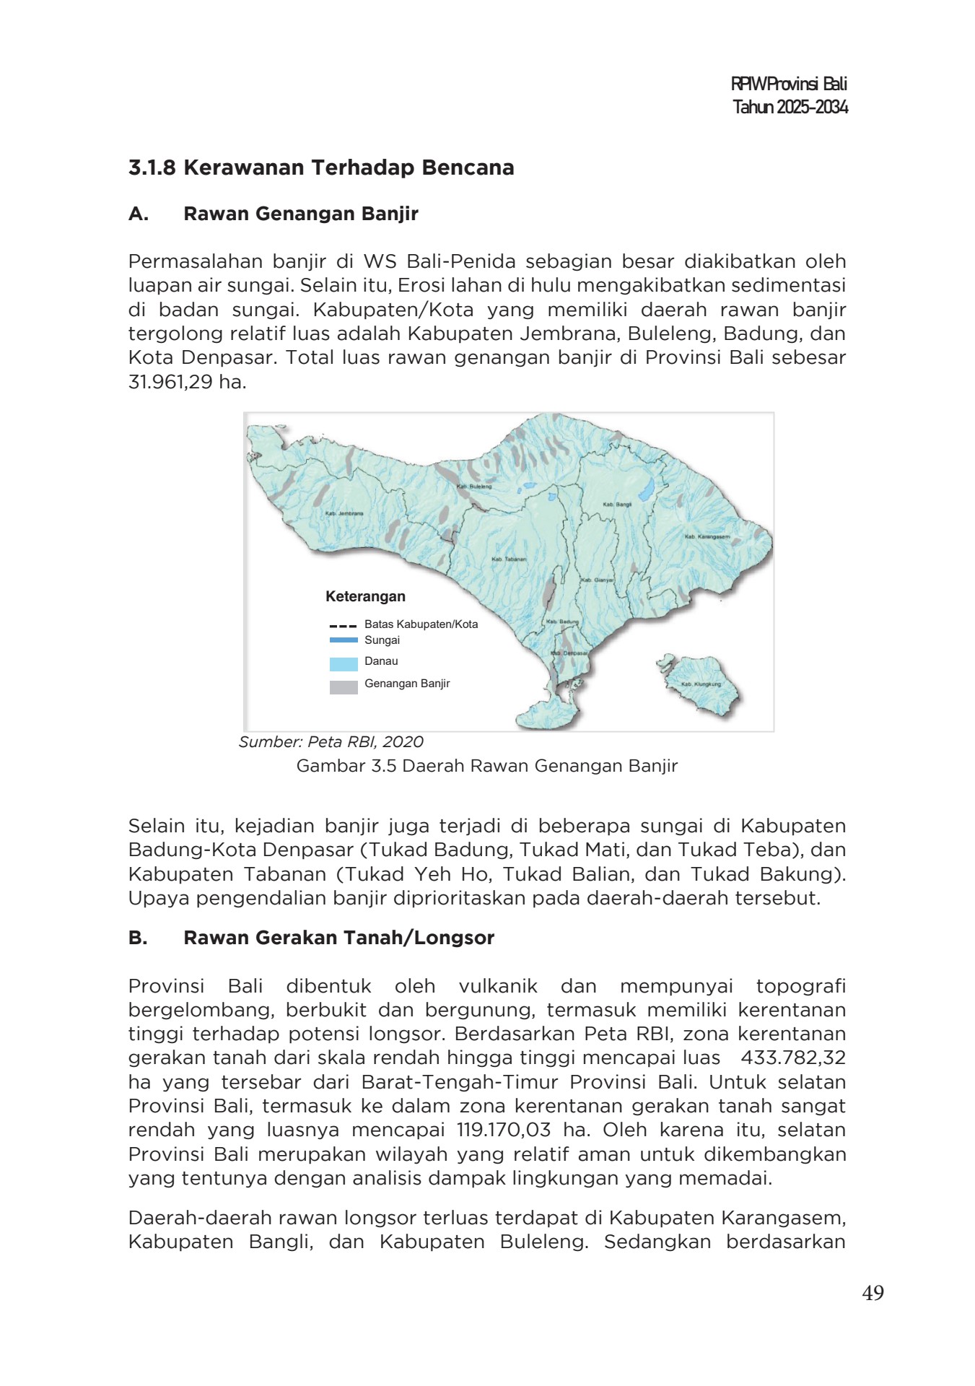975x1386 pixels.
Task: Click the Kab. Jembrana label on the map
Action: click(x=344, y=513)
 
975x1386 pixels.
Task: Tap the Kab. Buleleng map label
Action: click(x=474, y=487)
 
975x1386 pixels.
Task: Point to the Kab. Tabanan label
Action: click(x=509, y=559)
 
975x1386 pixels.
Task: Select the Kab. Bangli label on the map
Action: click(x=617, y=505)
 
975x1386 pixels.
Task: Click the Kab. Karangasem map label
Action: click(x=707, y=537)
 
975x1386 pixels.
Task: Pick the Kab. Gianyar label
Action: click(x=598, y=580)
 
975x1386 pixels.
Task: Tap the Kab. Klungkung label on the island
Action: click(x=701, y=684)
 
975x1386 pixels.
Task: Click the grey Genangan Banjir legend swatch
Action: click(x=344, y=687)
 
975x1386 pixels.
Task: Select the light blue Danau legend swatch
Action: click(x=344, y=664)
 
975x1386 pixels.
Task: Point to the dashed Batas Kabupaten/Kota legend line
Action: click(x=344, y=626)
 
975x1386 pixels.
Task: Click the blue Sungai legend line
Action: click(x=344, y=640)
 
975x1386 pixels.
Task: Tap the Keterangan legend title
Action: click(x=365, y=597)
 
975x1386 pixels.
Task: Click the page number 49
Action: click(x=873, y=1293)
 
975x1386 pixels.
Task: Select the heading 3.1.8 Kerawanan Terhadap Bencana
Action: click(x=321, y=168)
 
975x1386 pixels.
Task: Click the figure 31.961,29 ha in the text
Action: click(x=187, y=382)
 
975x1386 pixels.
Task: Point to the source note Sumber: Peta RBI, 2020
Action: click(x=331, y=742)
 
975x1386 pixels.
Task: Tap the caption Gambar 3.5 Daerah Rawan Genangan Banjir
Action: click(x=487, y=766)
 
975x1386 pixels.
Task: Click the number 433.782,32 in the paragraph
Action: click(x=793, y=1058)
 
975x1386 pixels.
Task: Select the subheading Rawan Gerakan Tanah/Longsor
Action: click(x=338, y=938)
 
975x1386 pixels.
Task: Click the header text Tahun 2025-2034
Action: click(x=790, y=108)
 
